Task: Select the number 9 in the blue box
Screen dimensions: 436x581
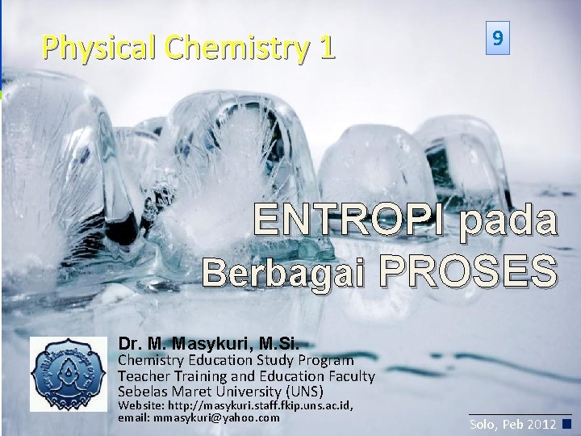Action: click(x=500, y=38)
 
